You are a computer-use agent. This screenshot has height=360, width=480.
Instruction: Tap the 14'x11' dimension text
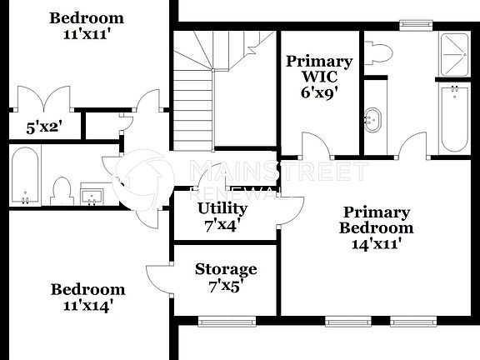tap(377, 245)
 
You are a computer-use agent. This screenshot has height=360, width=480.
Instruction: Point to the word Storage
tap(226, 269)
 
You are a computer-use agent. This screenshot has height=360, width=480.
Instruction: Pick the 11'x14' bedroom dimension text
tap(87, 306)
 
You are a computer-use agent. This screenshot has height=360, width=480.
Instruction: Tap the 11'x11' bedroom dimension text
tap(86, 36)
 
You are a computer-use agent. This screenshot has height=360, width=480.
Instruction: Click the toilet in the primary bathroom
tap(379, 52)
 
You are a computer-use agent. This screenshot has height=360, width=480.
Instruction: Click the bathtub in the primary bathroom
tap(453, 117)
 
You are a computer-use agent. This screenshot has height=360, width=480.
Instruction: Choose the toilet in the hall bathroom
tap(61, 191)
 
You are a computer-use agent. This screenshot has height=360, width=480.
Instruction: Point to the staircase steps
tap(193, 100)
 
